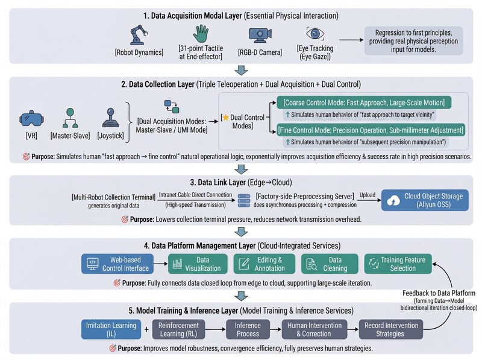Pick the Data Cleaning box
click(328, 263)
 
